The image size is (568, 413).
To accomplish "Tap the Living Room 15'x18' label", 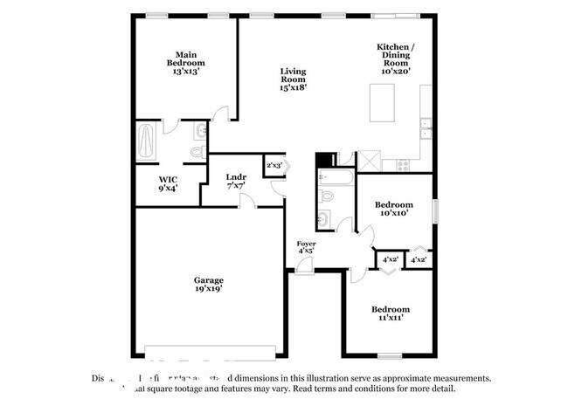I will click(293, 79).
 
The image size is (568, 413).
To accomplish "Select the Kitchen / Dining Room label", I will click(395, 59).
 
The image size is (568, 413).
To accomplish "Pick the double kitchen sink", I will click(426, 128).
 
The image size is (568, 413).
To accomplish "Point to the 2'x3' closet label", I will click(274, 164).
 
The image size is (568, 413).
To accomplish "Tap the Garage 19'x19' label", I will click(209, 286).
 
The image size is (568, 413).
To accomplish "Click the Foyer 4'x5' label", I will click(306, 247).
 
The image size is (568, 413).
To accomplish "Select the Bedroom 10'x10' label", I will click(393, 210).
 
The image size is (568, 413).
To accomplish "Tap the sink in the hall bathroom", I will click(325, 217).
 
